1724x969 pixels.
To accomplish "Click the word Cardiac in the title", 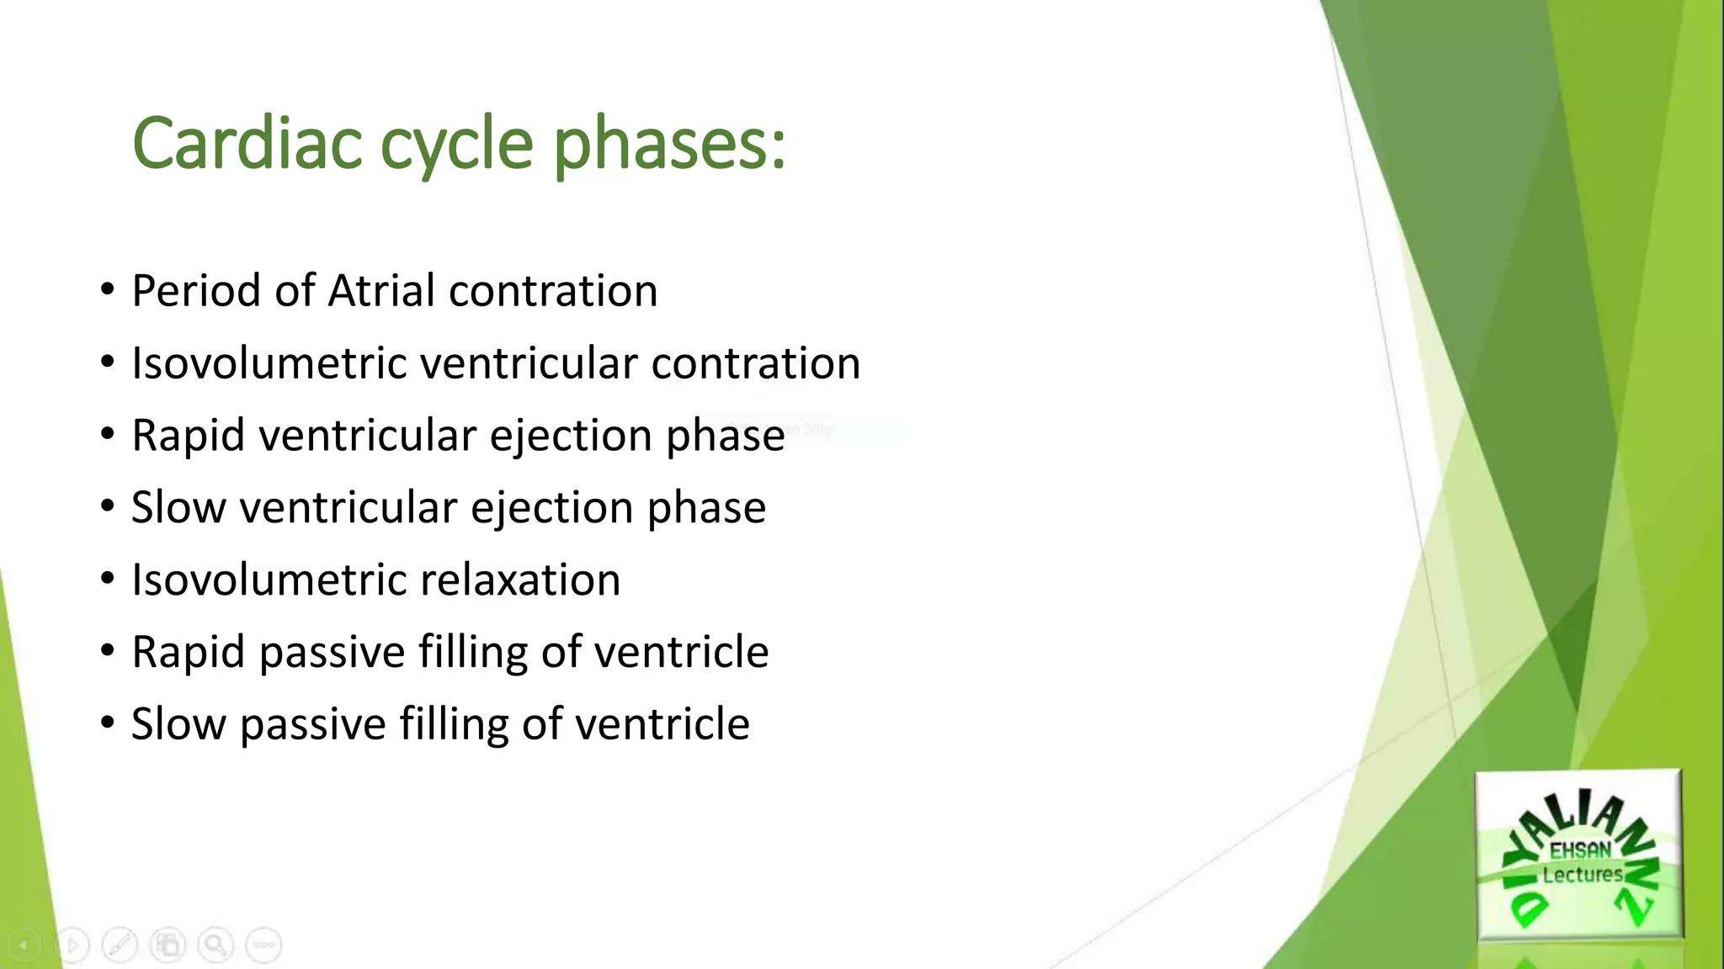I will tap(246, 143).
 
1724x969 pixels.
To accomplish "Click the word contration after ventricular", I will tap(755, 363).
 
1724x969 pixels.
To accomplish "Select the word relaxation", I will tap(519, 580).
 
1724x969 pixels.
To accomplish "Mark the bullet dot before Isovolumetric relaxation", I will tap(107, 579).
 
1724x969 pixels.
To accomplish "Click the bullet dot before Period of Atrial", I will tap(107, 289).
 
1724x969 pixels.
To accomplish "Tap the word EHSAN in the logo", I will tap(1580, 850).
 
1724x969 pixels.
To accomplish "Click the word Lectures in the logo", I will tap(1582, 875).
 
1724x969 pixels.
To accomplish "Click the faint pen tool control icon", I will tap(120, 945).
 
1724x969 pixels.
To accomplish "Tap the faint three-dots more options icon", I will tap(263, 945).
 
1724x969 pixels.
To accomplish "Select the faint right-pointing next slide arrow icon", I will tap(72, 945).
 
